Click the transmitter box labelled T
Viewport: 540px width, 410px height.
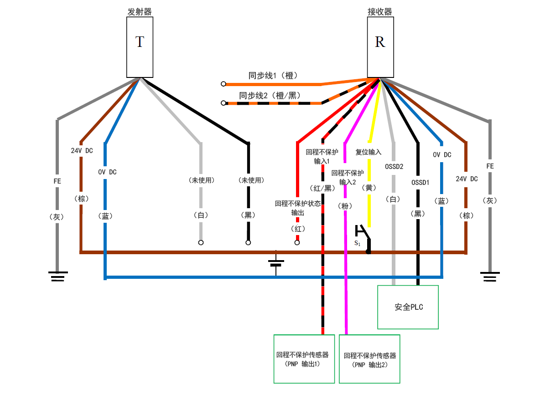[140, 47]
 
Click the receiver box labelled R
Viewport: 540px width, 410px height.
[380, 47]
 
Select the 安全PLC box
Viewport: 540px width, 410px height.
[408, 307]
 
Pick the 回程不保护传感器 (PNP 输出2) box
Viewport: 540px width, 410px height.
[369, 359]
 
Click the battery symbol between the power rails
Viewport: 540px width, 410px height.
[276, 263]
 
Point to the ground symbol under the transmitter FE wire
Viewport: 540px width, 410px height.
[57, 276]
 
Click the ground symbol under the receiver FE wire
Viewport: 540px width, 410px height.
[490, 276]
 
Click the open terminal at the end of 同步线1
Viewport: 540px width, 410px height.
[223, 84]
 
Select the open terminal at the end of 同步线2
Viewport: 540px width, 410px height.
[223, 103]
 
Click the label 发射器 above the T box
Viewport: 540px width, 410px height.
[140, 12]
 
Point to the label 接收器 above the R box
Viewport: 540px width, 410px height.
[380, 12]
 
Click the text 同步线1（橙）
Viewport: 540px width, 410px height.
[273, 76]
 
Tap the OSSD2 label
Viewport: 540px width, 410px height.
[394, 166]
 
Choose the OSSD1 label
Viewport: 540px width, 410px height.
[421, 182]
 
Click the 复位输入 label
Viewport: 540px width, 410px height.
[369, 152]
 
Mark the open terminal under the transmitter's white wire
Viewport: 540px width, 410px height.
[201, 243]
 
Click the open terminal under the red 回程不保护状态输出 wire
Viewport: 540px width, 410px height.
[297, 243]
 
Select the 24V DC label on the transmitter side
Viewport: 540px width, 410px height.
[82, 150]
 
